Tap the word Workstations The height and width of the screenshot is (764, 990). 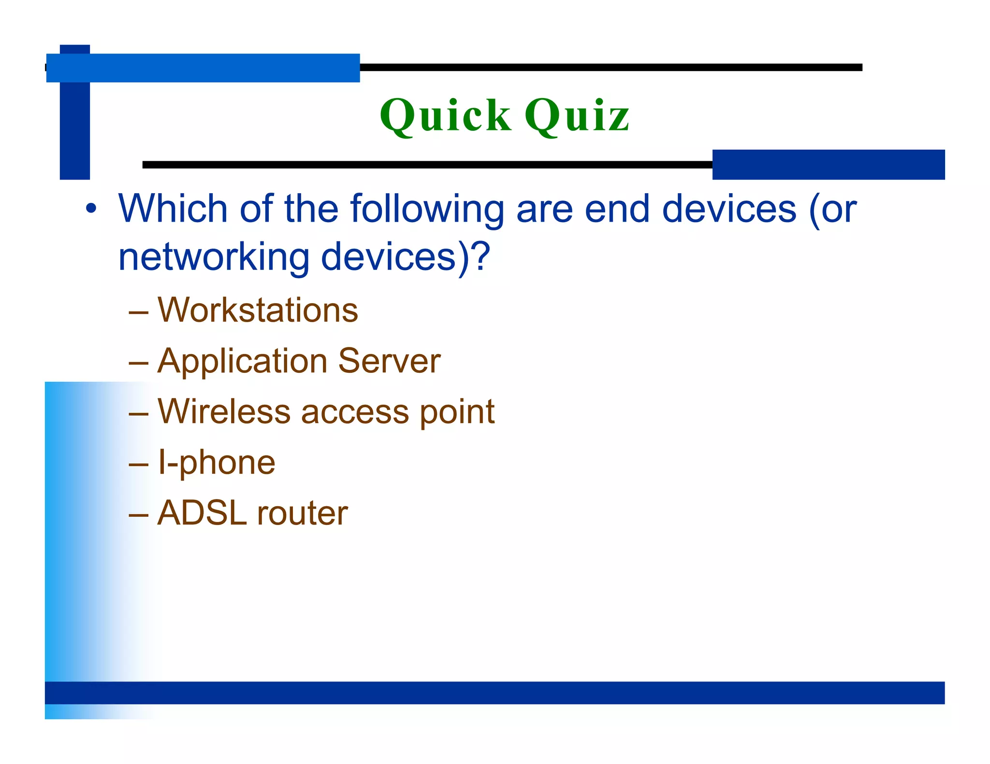(258, 310)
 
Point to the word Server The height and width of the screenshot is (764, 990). (389, 361)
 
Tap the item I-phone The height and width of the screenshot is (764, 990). (217, 463)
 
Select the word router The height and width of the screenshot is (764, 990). (302, 513)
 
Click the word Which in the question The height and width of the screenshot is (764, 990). (173, 209)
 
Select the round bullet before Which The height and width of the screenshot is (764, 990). (91, 209)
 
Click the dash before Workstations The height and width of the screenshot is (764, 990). (138, 312)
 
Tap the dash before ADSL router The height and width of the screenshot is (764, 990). (138, 515)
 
